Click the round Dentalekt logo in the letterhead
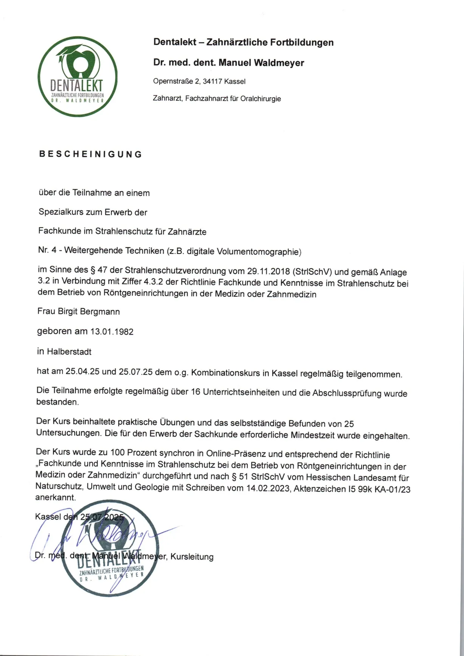(78, 76)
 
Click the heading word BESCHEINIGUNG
(90, 154)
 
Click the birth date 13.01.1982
(112, 332)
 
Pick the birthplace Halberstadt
(69, 352)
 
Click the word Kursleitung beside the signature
(192, 557)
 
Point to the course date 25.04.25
(82, 372)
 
